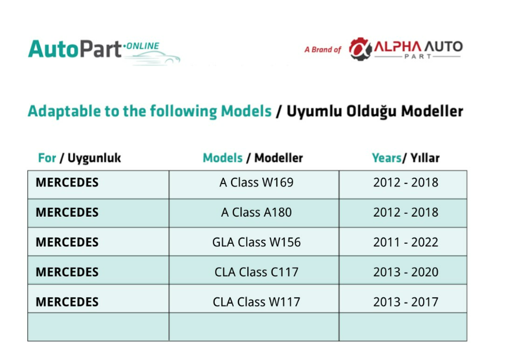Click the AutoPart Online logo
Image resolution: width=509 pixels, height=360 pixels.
click(x=104, y=51)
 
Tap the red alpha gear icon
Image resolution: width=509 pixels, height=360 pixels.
click(x=360, y=49)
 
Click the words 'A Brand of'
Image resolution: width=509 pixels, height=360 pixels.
click(x=323, y=50)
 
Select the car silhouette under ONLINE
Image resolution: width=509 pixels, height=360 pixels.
click(x=152, y=58)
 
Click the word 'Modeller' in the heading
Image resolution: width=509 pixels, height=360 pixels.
click(x=432, y=111)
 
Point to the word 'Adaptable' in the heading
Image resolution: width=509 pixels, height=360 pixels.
click(x=64, y=111)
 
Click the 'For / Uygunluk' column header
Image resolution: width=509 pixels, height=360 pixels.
click(x=80, y=158)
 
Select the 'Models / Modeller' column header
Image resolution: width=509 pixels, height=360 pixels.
click(x=253, y=158)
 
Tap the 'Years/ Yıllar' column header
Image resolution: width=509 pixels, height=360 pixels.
click(x=406, y=158)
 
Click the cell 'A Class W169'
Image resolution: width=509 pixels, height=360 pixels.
click(x=257, y=182)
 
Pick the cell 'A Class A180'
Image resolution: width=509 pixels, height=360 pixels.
click(x=257, y=213)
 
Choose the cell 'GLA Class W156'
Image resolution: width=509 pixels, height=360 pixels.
click(x=257, y=242)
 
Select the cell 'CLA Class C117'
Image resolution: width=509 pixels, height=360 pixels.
click(x=257, y=272)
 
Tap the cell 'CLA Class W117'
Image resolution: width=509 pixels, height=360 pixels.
click(x=257, y=302)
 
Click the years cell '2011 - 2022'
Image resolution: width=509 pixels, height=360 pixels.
click(x=406, y=242)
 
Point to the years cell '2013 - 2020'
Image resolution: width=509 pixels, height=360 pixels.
click(x=406, y=272)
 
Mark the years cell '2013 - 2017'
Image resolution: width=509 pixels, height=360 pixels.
click(x=406, y=302)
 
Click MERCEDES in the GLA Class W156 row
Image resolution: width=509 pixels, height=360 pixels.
click(x=67, y=242)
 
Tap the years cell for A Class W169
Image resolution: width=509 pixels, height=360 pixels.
click(x=406, y=182)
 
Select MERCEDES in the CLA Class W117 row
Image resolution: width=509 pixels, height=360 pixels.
click(x=67, y=302)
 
